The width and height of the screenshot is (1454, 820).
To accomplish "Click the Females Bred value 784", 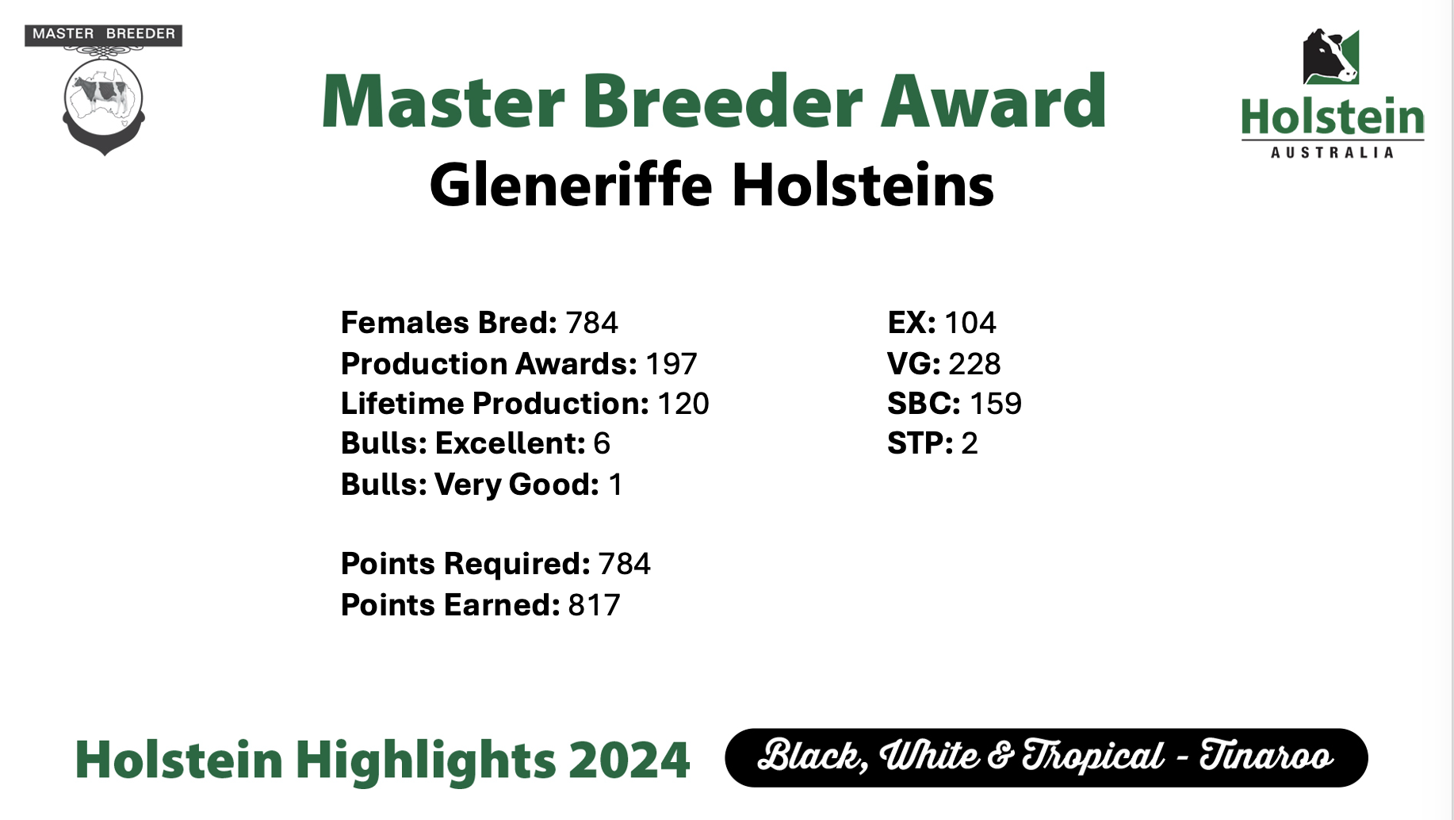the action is coord(591,323).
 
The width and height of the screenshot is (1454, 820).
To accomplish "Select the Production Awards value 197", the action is coord(671,364).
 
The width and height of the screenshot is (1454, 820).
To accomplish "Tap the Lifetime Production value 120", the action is coord(683,404).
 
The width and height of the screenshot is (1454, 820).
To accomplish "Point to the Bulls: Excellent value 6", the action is coord(602,443).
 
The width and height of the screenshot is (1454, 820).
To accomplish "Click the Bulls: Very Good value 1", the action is coord(615,485).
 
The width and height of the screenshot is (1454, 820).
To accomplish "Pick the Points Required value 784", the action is coord(625,564).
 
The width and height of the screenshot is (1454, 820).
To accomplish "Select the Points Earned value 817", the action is coord(595,605).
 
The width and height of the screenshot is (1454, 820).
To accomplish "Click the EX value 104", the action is coord(970,323).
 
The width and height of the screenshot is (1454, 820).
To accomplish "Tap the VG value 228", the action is coord(974,364).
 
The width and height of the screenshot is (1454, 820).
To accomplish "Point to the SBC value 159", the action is coord(996,404).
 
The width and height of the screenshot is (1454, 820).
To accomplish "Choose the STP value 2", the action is coord(970,443).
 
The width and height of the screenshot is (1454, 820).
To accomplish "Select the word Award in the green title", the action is coord(993,101).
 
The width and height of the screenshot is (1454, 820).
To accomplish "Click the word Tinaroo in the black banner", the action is coord(1266,755).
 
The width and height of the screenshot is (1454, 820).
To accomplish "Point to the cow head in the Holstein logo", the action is coord(1331,56).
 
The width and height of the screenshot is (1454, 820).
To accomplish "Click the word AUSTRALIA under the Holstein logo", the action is coord(1332,152).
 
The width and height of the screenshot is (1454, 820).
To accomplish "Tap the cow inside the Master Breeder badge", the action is coord(103,94).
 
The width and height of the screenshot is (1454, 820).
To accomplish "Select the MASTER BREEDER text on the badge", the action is coord(104,34).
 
